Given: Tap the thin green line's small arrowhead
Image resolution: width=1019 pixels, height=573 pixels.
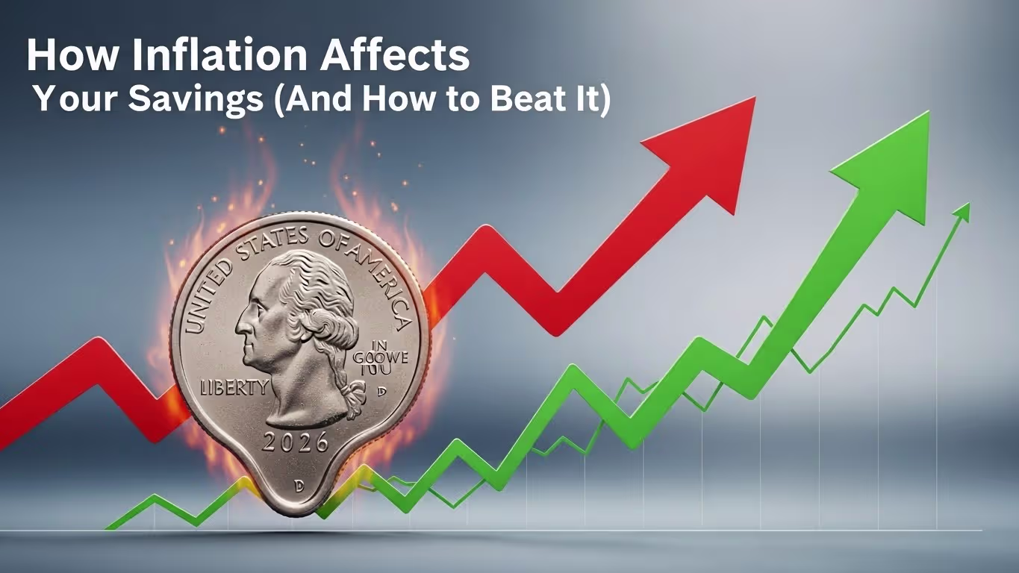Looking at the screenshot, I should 963,212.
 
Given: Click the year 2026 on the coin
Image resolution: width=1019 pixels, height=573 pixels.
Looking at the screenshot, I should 296,442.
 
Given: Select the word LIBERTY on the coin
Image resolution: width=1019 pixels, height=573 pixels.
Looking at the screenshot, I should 234,388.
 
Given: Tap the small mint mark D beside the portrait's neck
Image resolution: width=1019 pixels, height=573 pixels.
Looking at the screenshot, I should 381,391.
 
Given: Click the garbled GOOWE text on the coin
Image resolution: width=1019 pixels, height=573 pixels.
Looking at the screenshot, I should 389,358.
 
